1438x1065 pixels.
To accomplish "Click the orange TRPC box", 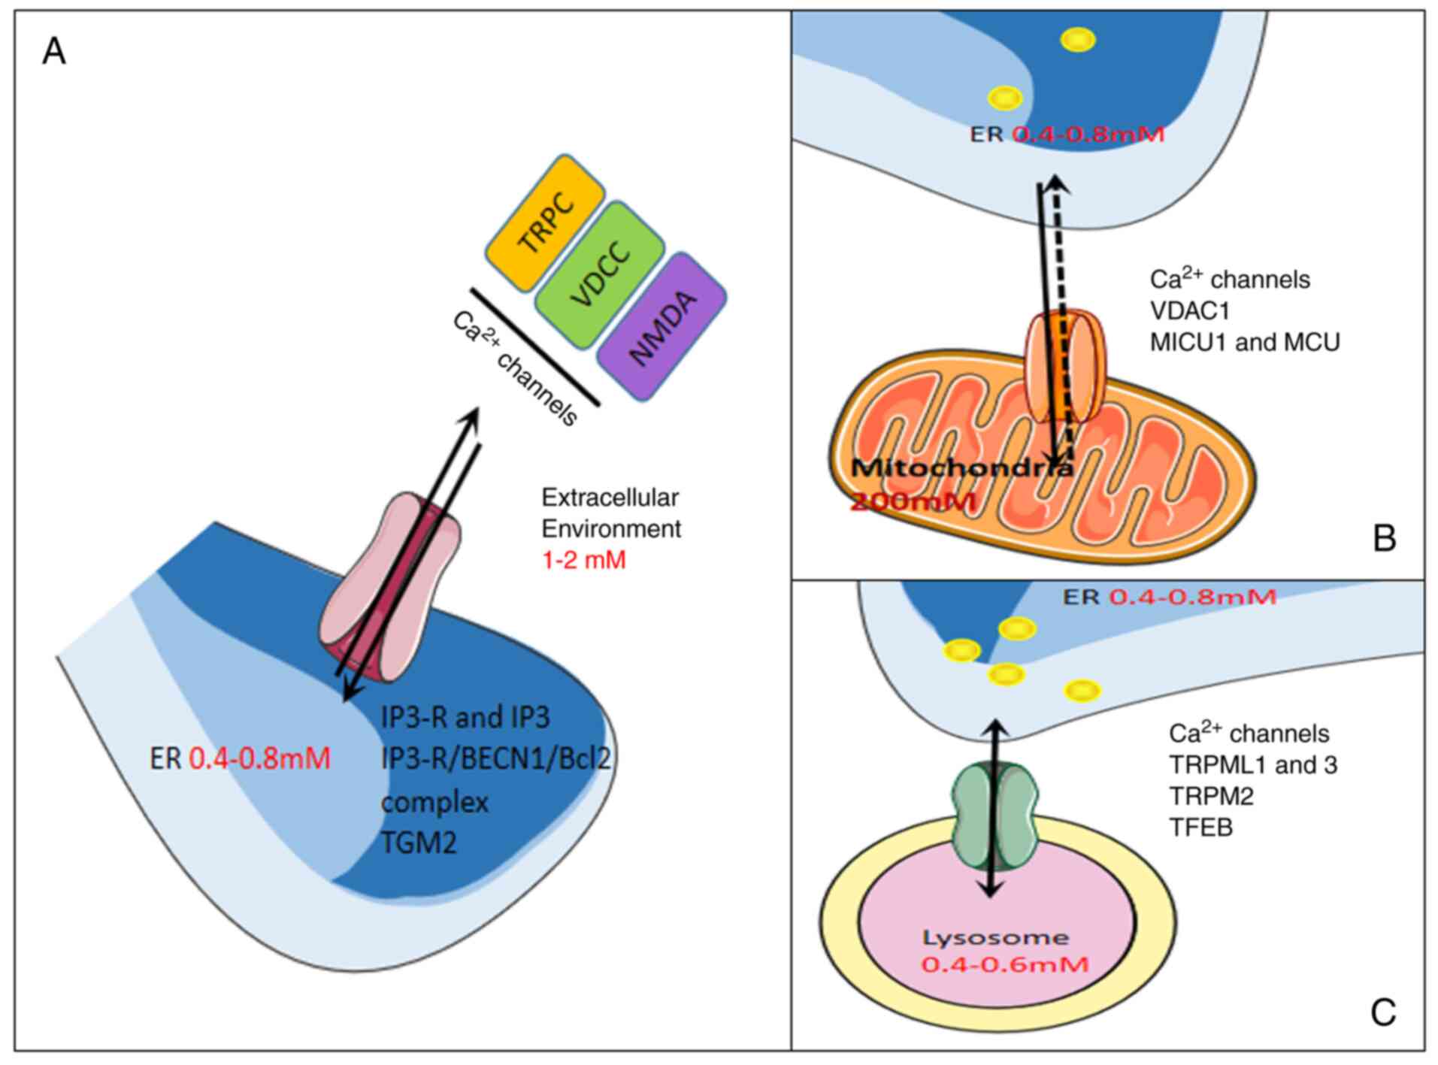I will (545, 223).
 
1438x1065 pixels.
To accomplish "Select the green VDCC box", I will (600, 274).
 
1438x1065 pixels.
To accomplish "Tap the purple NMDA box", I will (661, 327).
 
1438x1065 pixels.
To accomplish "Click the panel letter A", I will (54, 53).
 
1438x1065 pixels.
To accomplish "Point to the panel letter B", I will (1384, 539).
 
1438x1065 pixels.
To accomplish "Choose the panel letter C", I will (1383, 1012).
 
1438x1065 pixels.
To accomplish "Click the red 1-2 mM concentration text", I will (584, 561).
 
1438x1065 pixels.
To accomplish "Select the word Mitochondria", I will (962, 468).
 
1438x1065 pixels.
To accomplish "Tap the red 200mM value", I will (913, 501).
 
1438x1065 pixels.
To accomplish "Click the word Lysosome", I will (995, 938).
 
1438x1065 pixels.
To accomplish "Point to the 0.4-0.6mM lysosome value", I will (1004, 964).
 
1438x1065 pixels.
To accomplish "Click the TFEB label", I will (1200, 827).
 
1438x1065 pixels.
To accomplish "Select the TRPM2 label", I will (1211, 796).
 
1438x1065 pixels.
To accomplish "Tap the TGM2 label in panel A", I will (419, 843).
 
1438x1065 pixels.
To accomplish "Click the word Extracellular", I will (610, 498).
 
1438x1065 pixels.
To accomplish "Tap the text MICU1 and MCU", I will (1245, 343).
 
